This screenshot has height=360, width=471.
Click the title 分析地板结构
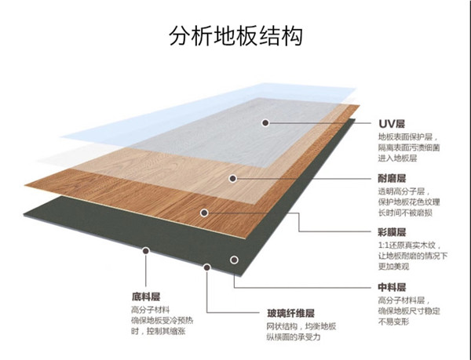click(236, 36)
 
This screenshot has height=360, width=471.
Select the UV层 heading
click(392, 124)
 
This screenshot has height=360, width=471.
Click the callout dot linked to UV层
click(267, 123)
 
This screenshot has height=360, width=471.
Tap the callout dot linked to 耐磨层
click(232, 178)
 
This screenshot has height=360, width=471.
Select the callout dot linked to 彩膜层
click(204, 212)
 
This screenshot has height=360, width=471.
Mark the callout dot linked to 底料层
click(146, 252)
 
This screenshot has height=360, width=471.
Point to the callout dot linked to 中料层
click(233, 260)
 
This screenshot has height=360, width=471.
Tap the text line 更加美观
click(396, 267)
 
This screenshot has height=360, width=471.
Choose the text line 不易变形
click(396, 321)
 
